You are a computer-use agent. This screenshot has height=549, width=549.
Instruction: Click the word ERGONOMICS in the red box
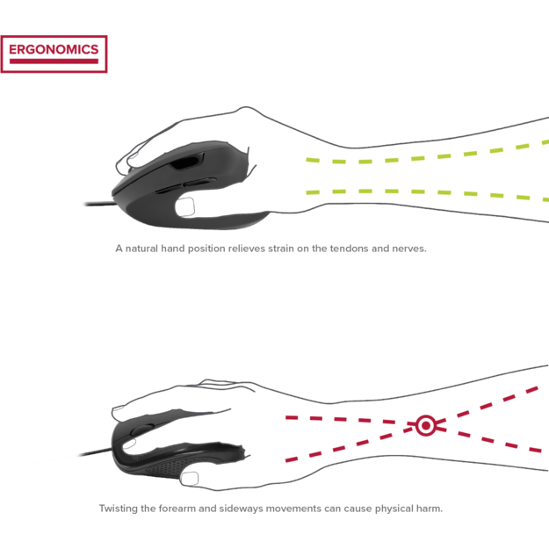(x=54, y=49)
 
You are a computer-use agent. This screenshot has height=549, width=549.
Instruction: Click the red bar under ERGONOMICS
(x=54, y=61)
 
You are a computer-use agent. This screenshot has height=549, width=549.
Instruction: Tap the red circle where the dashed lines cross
(x=426, y=425)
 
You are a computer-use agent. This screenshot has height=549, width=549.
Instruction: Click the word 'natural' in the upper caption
(x=141, y=249)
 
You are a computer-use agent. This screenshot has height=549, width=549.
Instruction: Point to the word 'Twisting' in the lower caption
(x=118, y=509)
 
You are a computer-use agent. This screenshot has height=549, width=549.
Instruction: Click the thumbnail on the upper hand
(x=184, y=207)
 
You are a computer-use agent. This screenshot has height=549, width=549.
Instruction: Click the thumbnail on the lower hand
(x=189, y=478)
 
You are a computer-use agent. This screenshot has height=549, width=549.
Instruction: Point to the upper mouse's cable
(x=100, y=204)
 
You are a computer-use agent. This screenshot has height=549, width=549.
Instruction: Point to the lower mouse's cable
(x=96, y=452)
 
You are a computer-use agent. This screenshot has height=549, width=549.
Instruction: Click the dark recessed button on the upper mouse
(x=184, y=163)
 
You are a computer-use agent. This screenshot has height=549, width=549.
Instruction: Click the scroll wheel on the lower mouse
(x=141, y=430)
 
